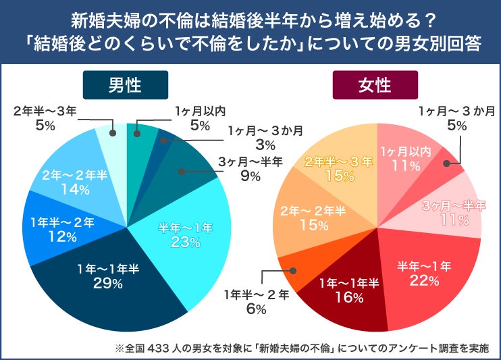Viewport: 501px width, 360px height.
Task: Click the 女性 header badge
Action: (375, 86)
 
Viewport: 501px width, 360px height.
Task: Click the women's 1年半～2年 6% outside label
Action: (257, 301)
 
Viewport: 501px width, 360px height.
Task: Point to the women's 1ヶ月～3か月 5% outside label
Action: (456, 117)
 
